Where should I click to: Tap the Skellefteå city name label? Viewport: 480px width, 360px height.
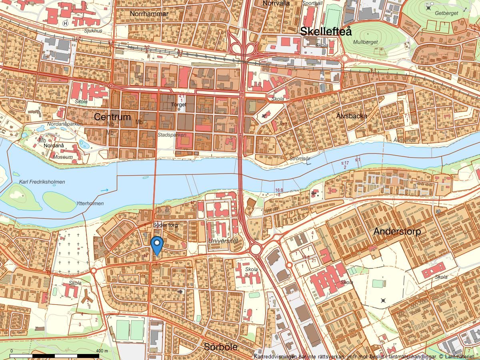tap(326, 31)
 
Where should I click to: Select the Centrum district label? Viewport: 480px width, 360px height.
tap(112, 117)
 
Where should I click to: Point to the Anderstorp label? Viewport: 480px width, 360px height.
tap(397, 231)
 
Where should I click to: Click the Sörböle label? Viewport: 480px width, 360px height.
tap(220, 347)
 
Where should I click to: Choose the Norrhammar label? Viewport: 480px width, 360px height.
tap(149, 14)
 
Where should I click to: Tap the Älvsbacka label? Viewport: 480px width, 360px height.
tap(352, 116)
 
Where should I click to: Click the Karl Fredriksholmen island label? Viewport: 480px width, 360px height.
tap(42, 182)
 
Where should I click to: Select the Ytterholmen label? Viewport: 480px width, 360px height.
tap(90, 204)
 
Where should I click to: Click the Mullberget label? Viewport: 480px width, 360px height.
tap(365, 42)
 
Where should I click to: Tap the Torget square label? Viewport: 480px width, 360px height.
tap(178, 105)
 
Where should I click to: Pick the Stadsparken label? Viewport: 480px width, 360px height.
tap(172, 135)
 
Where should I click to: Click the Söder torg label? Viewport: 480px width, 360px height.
tap(165, 225)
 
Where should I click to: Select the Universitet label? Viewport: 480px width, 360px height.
tap(223, 241)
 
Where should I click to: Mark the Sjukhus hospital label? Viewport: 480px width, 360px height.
tap(93, 30)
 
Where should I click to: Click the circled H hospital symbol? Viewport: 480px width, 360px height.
tap(66, 24)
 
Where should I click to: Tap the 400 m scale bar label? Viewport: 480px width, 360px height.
tap(103, 351)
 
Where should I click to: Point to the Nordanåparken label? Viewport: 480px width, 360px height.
tap(65, 124)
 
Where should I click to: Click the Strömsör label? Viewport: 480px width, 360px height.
tap(300, 159)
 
